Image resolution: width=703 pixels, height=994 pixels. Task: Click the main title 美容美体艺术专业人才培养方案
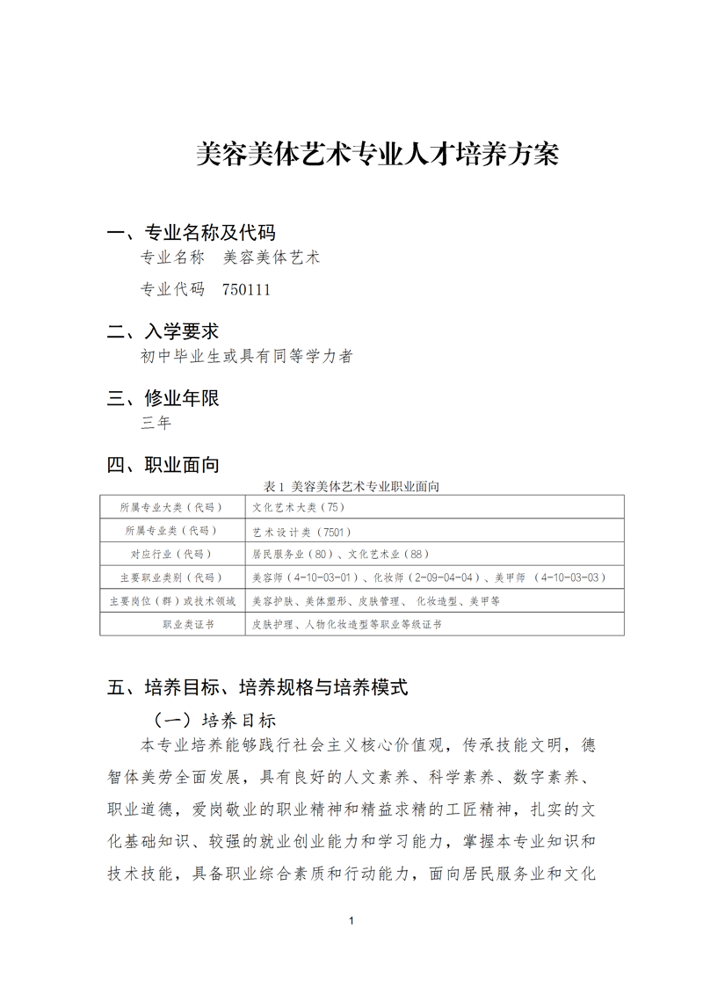point(376,155)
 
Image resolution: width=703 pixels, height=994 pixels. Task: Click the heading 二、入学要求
point(163,331)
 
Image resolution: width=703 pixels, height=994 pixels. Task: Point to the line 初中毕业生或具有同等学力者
point(247,356)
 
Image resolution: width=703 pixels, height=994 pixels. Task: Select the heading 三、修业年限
point(163,398)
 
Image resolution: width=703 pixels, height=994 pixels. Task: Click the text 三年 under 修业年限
point(156,423)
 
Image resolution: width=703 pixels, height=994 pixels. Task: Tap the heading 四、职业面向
point(163,465)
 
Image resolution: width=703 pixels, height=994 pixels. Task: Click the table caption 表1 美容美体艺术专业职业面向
point(357,486)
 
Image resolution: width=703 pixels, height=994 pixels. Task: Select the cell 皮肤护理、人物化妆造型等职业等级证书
point(346,624)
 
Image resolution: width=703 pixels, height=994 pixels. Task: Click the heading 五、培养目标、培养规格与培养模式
point(257,687)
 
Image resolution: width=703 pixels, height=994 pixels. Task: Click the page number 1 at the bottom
point(351,921)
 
